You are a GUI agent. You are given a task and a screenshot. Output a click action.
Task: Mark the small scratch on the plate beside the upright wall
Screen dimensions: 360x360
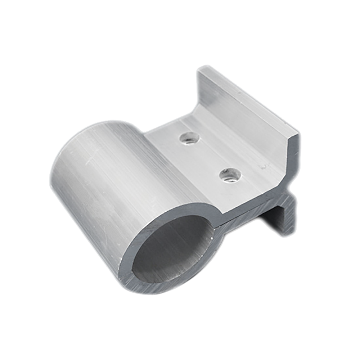point(264,166)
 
